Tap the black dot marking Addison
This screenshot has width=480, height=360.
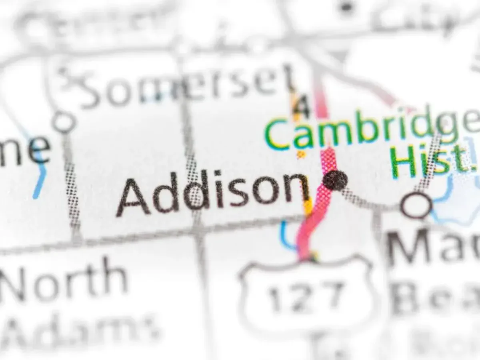335,180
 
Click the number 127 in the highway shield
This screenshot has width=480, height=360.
306,296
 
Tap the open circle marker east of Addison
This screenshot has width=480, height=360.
416,205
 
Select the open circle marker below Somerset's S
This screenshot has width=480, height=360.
64,122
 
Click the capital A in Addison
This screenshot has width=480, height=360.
134,198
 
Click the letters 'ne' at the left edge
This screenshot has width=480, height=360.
24,150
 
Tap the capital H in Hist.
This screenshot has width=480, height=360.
404,162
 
